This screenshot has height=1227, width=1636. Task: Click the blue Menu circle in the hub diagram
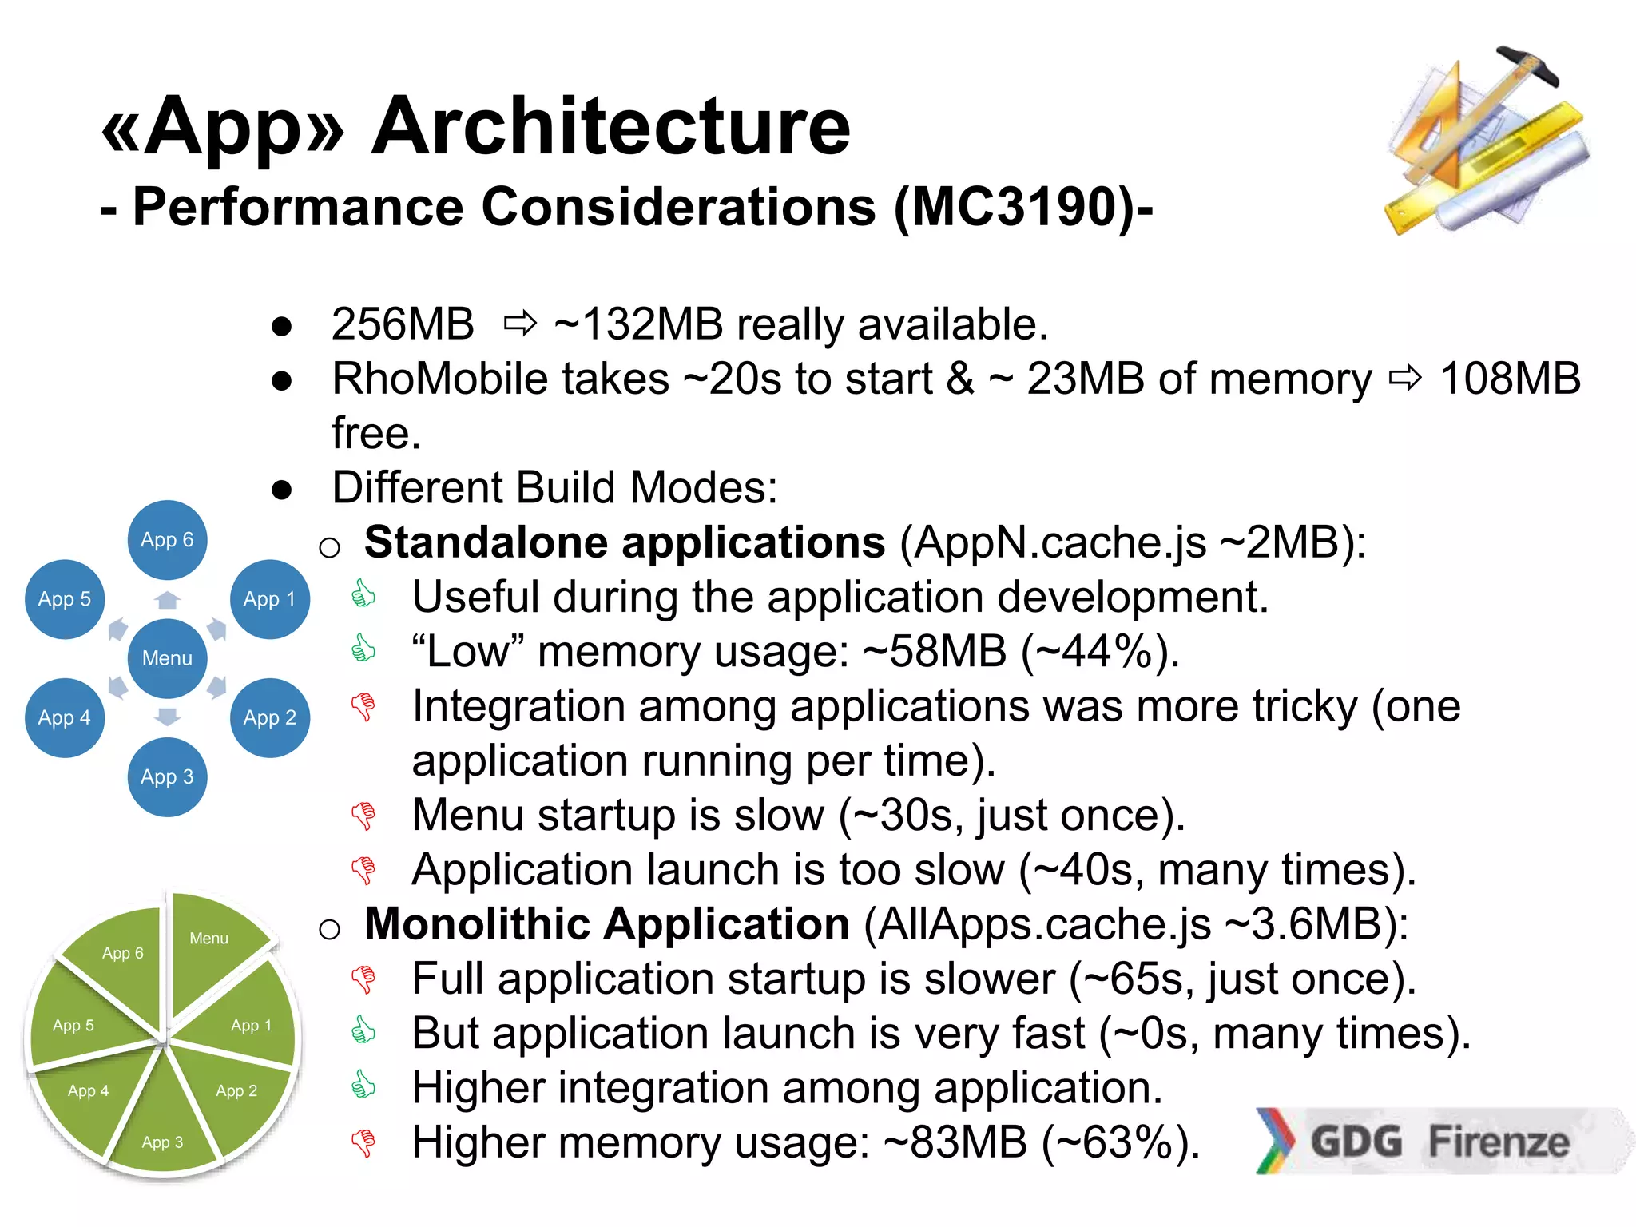pos(167,658)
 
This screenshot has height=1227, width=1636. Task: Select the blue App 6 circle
pos(167,540)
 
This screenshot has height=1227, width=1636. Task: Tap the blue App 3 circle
pos(167,776)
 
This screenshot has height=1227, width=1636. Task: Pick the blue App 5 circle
pos(65,599)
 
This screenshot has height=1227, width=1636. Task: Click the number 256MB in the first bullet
pos(403,324)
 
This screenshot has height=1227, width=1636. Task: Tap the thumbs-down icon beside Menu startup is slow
pos(363,816)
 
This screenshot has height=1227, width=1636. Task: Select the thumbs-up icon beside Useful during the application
pos(363,594)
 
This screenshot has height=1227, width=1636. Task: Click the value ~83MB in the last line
pos(955,1142)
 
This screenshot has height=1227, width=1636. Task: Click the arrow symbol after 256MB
pos(520,324)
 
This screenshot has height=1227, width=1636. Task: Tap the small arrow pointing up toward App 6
pos(167,600)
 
